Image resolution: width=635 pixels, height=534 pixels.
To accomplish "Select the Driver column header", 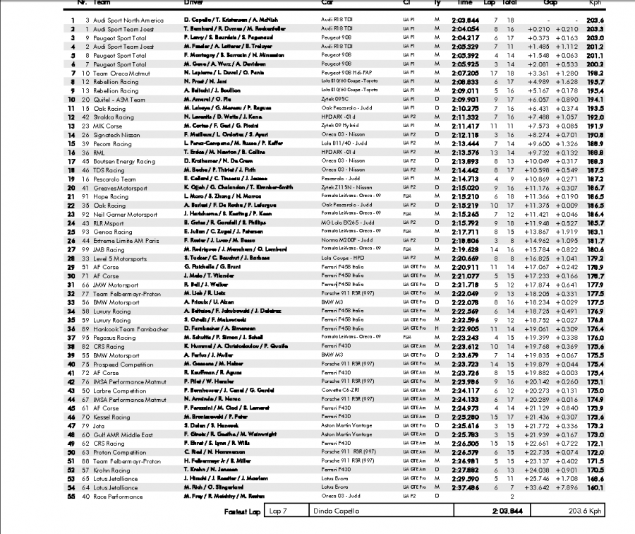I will click(x=193, y=3).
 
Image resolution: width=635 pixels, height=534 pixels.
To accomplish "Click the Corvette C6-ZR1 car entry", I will click(x=340, y=390).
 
